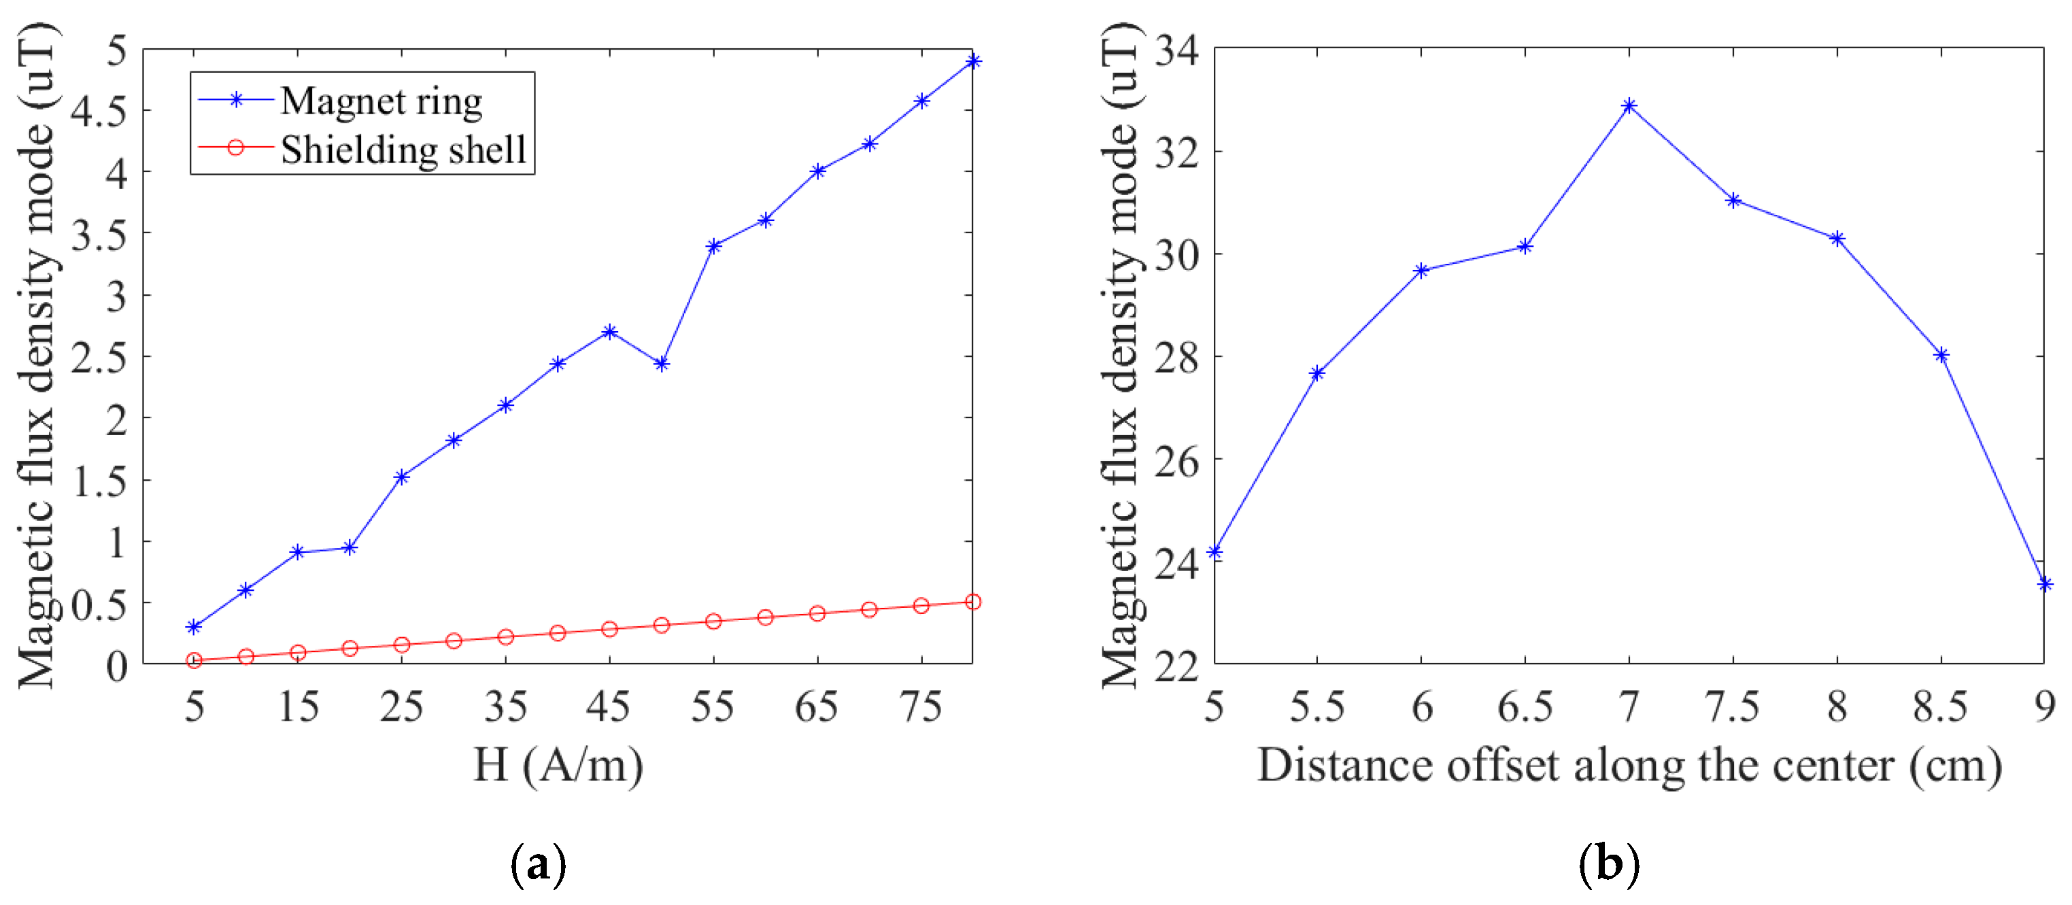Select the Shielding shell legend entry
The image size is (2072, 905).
point(402,150)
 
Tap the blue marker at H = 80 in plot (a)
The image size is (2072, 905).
point(973,61)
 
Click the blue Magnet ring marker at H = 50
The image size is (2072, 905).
point(662,364)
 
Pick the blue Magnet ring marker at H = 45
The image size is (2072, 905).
point(610,331)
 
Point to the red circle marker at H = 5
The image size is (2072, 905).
point(194,660)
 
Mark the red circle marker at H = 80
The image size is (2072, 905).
point(973,602)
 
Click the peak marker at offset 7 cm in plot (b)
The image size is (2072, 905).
point(1629,105)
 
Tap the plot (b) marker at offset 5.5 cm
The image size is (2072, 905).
point(1317,373)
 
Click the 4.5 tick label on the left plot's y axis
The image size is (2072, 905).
point(98,111)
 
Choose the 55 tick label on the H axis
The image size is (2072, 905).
point(713,707)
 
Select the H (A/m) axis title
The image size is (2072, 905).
point(558,765)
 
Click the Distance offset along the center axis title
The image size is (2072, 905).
point(1629,765)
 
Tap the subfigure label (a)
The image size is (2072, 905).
point(538,865)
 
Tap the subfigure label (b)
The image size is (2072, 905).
point(1609,865)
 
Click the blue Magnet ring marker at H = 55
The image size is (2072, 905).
point(713,245)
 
